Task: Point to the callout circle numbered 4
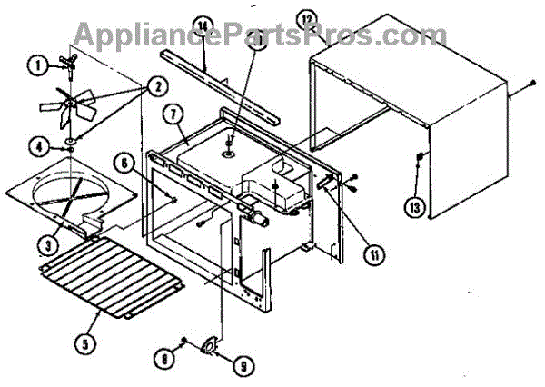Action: click(38, 144)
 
